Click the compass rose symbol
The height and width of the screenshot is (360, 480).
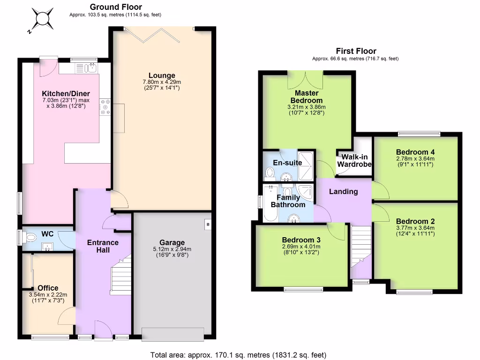pos(41,19)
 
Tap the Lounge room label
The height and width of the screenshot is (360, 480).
pos(162,75)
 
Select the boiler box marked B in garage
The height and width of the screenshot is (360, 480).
pos(207,225)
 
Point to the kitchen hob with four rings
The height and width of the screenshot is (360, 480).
pos(104,107)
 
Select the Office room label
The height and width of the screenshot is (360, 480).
pos(48,288)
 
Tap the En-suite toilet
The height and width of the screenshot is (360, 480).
pos(270,174)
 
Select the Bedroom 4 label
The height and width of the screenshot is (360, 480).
pos(415,152)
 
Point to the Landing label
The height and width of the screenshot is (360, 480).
pos(343,191)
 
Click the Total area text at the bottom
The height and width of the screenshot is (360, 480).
pos(238,355)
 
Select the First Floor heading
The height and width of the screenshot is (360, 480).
pos(356,51)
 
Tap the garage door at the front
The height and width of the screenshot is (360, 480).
pos(173,334)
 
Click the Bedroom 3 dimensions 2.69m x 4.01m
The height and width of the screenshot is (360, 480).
pos(301,247)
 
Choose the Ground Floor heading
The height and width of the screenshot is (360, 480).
pos(115,7)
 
